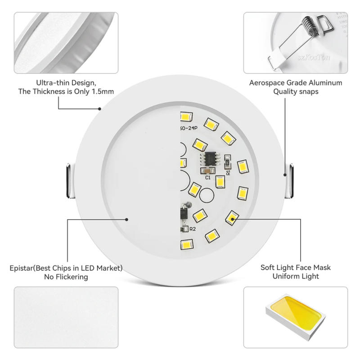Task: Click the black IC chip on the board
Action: point(210,159)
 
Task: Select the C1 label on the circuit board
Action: point(208,178)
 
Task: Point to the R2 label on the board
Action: point(192,229)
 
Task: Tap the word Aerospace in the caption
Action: point(268,83)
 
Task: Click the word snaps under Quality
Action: point(308,91)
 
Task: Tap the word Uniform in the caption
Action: point(286,276)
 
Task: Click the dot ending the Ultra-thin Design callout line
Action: point(100,108)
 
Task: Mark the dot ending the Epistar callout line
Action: point(127,220)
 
